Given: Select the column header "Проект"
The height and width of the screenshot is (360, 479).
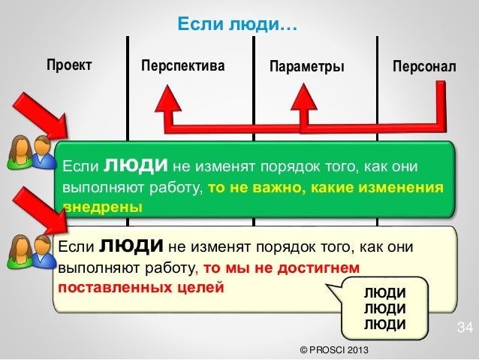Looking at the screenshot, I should click(69, 65).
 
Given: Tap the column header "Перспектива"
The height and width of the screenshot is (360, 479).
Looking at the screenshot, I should click(182, 66).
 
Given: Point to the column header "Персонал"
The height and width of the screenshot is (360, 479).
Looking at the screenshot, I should click(423, 66).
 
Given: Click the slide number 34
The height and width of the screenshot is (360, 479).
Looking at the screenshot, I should click(465, 328).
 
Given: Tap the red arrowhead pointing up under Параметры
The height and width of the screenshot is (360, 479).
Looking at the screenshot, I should click(304, 96).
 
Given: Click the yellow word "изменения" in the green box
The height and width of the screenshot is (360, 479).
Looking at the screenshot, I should click(405, 187).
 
